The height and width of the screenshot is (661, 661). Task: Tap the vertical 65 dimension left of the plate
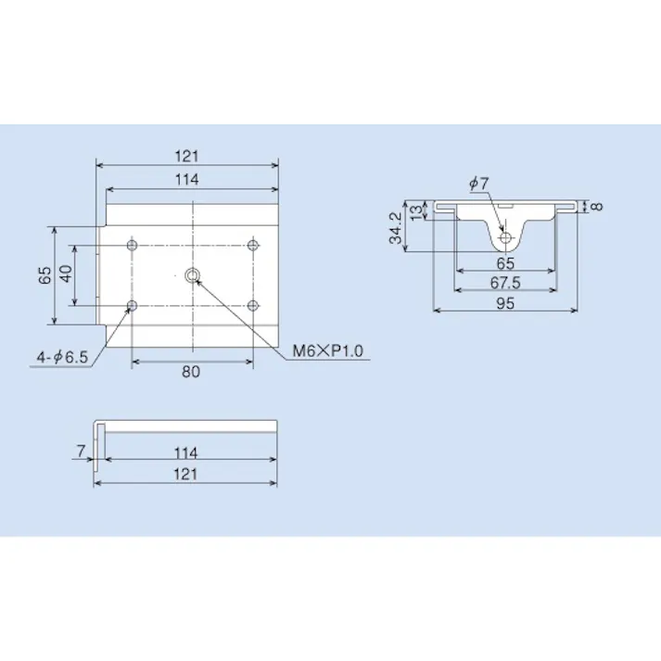click(x=44, y=275)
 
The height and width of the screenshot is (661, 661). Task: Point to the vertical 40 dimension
click(x=65, y=275)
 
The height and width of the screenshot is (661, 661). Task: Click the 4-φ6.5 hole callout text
click(x=60, y=356)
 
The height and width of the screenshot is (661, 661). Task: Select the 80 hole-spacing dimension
click(x=191, y=373)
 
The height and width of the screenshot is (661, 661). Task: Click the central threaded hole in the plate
click(x=192, y=274)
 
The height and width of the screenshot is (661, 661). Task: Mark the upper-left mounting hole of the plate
click(x=132, y=245)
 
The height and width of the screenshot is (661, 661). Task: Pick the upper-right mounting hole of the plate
click(x=252, y=245)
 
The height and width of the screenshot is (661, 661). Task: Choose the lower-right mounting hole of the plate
click(x=252, y=305)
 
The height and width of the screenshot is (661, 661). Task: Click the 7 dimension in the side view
click(x=83, y=451)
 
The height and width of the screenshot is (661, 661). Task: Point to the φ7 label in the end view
click(x=477, y=184)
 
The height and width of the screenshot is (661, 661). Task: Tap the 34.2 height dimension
click(x=396, y=228)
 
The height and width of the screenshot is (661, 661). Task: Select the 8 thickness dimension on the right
click(x=598, y=206)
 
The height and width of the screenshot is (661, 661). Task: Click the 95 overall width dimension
click(x=505, y=302)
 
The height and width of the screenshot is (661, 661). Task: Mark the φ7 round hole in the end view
click(x=506, y=238)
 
